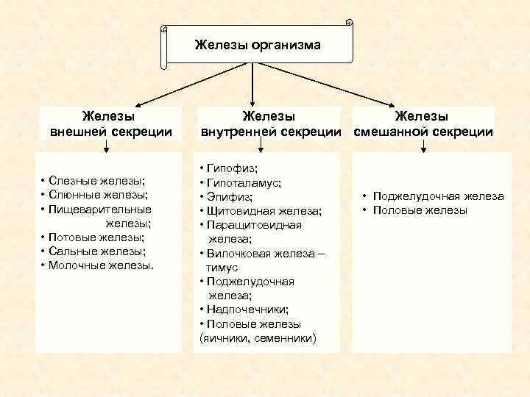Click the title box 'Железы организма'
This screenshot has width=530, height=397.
tap(257, 46)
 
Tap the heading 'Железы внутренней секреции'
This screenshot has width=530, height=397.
tap(269, 124)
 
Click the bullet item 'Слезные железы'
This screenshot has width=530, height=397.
tap(96, 181)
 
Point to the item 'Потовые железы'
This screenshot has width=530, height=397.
tap(96, 237)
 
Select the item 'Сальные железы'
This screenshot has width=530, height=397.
tap(96, 251)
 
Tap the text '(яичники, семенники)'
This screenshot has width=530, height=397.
tap(258, 338)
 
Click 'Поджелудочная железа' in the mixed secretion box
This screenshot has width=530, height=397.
tap(438, 196)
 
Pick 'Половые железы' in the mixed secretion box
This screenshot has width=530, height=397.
tap(420, 210)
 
